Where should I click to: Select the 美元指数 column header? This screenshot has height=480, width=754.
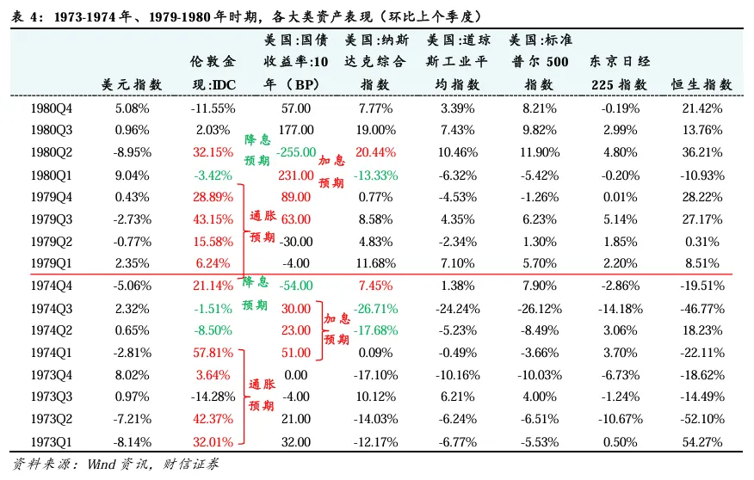[132, 84]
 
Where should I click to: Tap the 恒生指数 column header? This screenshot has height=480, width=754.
[701, 84]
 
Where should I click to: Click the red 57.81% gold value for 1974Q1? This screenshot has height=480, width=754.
[214, 352]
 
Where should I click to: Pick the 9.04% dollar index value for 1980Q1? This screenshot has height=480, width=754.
[132, 175]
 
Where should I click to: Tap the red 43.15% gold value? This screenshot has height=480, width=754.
[214, 218]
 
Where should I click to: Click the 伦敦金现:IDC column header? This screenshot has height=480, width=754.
[213, 73]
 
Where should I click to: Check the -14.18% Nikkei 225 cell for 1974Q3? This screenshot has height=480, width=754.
[621, 307]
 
